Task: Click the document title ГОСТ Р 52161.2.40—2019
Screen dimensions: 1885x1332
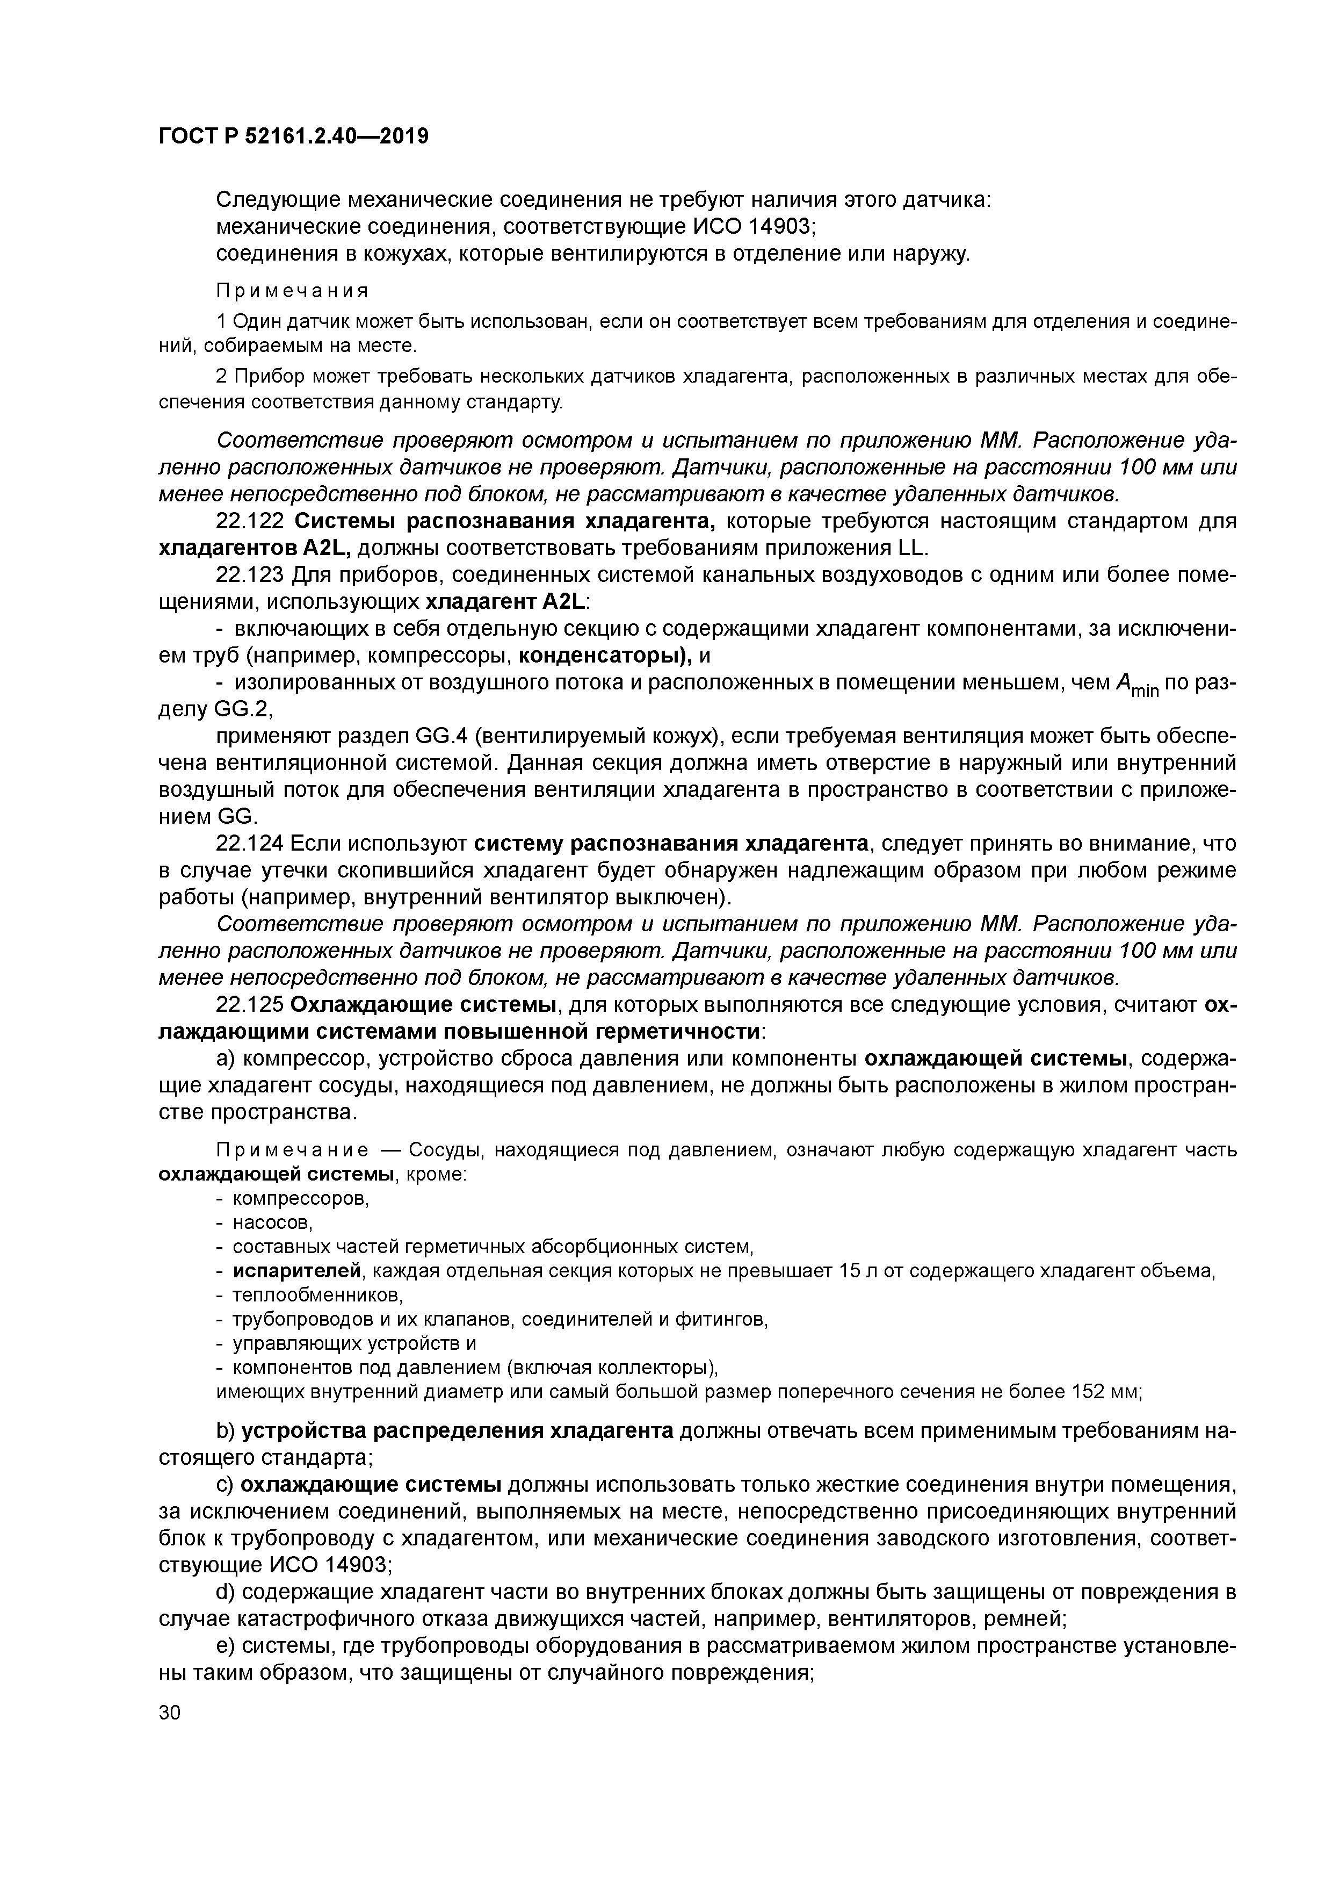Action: (293, 136)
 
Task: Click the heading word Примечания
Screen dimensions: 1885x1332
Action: (292, 291)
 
